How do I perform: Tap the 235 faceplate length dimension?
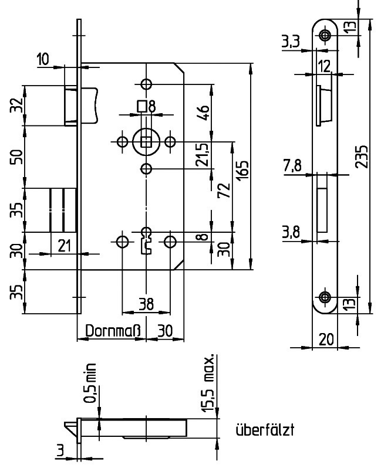coord(364,157)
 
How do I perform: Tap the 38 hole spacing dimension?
coord(146,304)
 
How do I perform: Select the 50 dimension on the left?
coord(18,157)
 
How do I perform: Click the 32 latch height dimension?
coord(18,106)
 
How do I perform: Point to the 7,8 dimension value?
coord(292,167)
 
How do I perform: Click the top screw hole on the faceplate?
coord(325,36)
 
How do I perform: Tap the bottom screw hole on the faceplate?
coord(325,297)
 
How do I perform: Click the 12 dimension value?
coord(325,66)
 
